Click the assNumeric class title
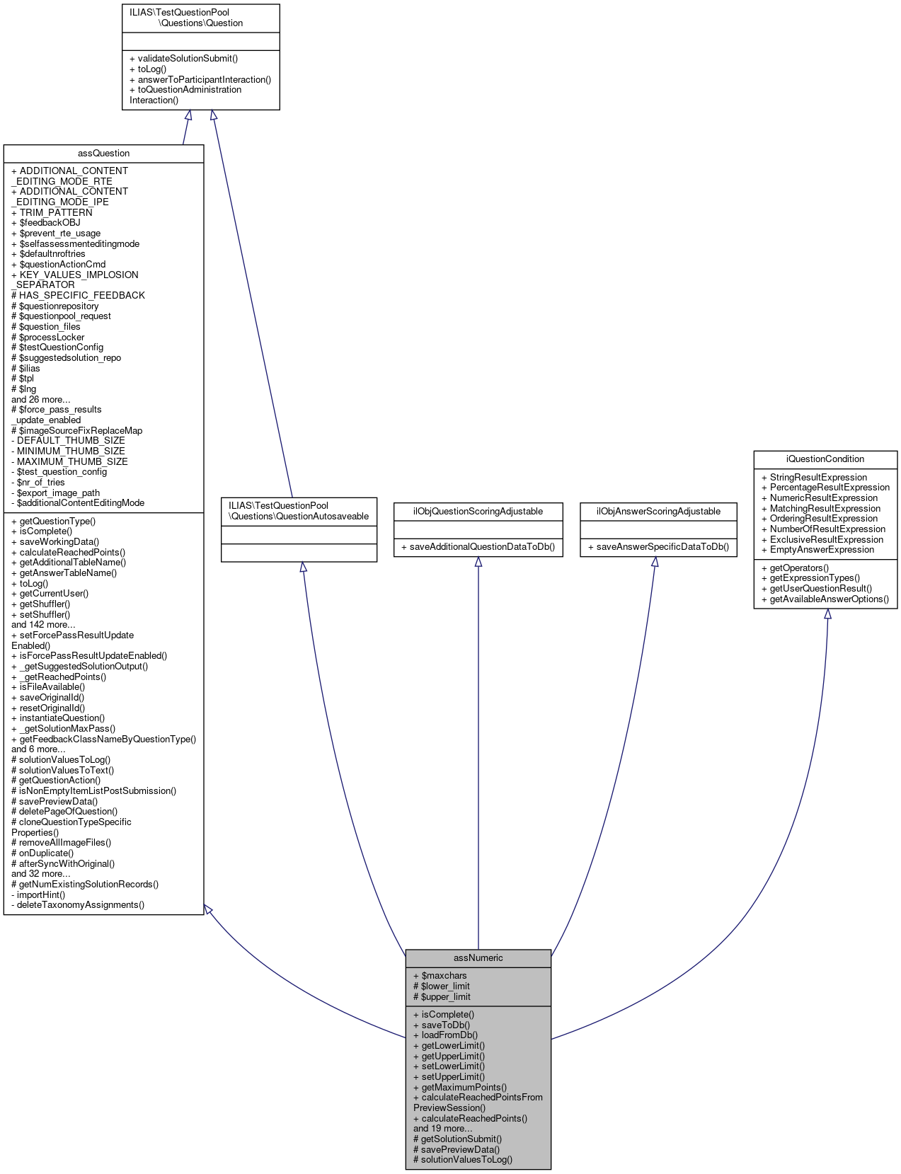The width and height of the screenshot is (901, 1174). (478, 957)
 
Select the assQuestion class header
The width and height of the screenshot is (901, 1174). (103, 153)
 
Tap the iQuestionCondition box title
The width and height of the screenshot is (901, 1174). (825, 459)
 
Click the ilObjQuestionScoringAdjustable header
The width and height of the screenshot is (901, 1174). (478, 511)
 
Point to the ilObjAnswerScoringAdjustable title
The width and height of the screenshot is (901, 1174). (658, 511)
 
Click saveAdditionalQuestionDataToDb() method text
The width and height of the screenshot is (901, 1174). (478, 546)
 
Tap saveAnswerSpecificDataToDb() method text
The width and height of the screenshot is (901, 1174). (658, 546)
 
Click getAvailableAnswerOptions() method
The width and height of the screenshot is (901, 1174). (825, 599)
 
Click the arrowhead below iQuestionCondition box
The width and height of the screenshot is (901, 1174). (827, 614)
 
